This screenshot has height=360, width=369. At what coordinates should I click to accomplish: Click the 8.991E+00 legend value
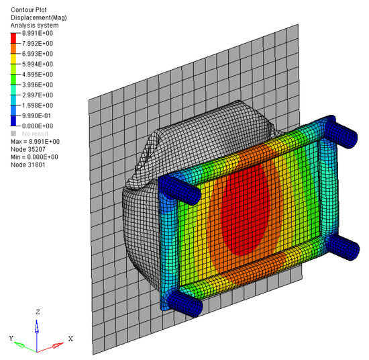tap(38, 33)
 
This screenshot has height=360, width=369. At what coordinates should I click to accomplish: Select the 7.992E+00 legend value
tap(38, 44)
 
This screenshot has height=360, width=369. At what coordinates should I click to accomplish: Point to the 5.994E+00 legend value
tap(38, 64)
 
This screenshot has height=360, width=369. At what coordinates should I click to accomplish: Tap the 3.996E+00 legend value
tap(38, 85)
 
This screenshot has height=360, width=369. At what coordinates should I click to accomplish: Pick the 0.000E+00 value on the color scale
tap(38, 126)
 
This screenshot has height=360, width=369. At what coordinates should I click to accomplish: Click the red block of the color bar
tap(13, 38)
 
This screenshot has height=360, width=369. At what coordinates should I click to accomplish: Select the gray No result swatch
tap(13, 134)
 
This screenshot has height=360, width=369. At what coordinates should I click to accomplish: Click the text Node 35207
tap(28, 149)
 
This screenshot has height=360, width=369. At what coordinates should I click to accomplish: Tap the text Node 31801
tap(28, 165)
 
